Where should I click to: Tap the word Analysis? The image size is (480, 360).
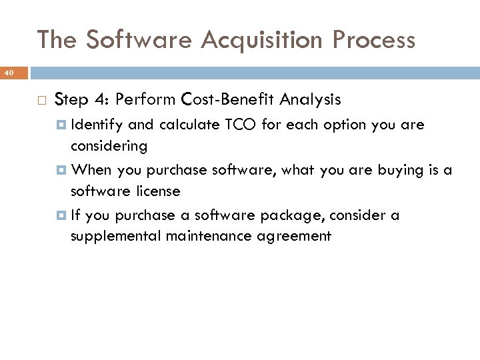310,100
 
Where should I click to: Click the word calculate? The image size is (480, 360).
189,125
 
